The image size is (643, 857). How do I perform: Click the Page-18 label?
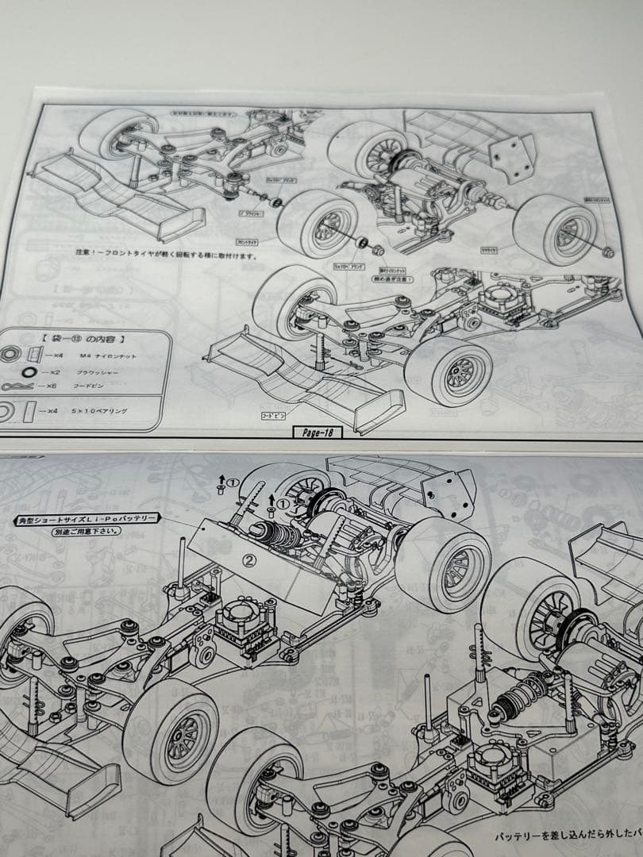pyautogui.click(x=318, y=432)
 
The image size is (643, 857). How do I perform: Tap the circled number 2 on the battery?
pyautogui.click(x=248, y=559)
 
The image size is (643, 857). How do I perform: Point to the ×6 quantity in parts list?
pyautogui.click(x=49, y=385)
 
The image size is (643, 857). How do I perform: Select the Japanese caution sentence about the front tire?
pyautogui.click(x=156, y=256)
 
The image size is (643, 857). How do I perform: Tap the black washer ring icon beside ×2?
pyautogui.click(x=28, y=371)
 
